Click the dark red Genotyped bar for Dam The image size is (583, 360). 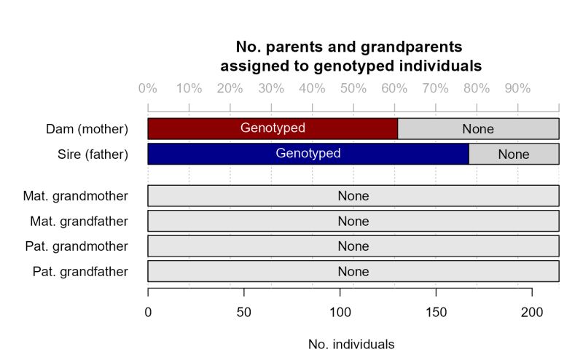click(x=273, y=129)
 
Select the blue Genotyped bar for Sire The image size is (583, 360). click(x=308, y=154)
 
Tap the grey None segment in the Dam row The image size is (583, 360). click(x=478, y=129)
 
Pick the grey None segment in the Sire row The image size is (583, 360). click(x=514, y=154)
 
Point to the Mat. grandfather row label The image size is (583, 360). click(x=79, y=221)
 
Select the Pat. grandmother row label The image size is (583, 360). click(x=76, y=246)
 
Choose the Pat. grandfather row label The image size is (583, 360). click(x=80, y=272)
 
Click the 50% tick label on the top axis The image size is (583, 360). click(x=353, y=89)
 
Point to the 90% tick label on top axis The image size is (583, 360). click(x=518, y=89)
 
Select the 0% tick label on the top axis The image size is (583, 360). click(x=148, y=89)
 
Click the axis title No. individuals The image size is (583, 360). click(x=351, y=343)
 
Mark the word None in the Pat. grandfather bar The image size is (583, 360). click(x=353, y=272)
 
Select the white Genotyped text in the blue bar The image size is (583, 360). click(x=308, y=154)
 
